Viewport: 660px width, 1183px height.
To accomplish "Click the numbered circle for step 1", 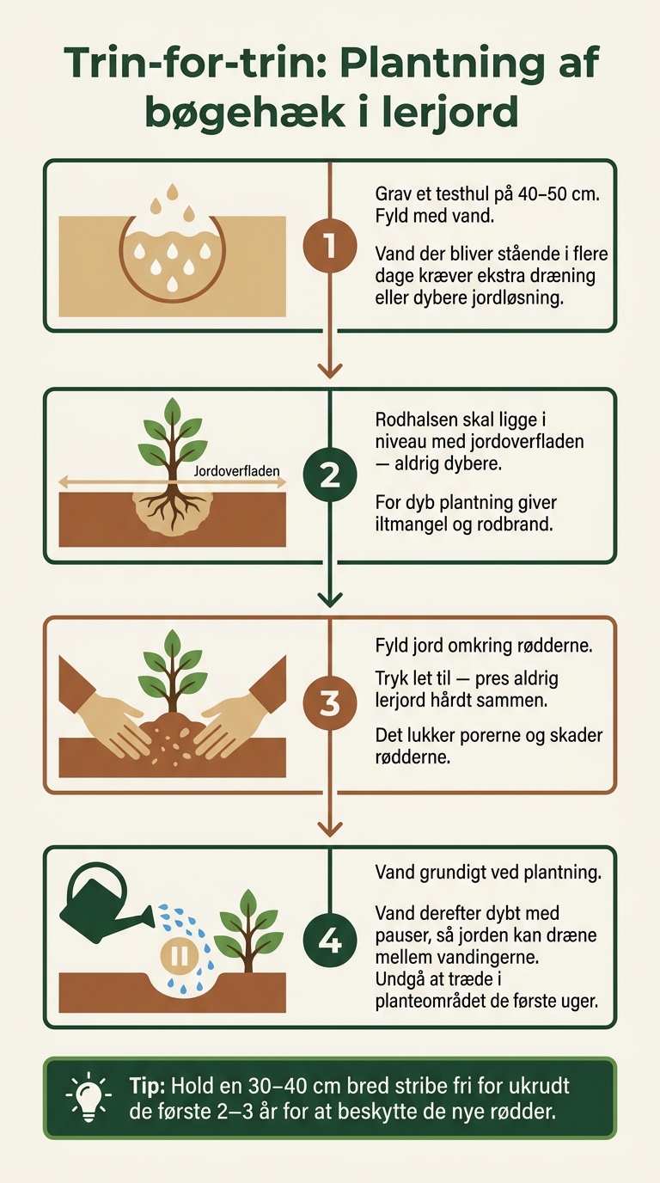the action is [329, 246].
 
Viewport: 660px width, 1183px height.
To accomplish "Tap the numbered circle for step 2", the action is [329, 475].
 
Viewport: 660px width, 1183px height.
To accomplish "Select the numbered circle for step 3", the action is [329, 703].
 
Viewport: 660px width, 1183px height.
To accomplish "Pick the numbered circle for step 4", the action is [329, 941].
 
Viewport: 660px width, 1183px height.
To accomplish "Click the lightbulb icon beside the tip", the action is [89, 1098].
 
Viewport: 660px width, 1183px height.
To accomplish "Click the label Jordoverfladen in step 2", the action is [236, 470].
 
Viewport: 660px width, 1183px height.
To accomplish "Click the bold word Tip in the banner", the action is [148, 1086].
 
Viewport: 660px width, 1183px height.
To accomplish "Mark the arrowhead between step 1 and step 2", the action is [330, 371].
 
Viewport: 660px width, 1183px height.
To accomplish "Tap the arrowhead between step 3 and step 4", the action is [330, 829].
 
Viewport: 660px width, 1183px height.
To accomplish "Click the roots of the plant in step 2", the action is [172, 506].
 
